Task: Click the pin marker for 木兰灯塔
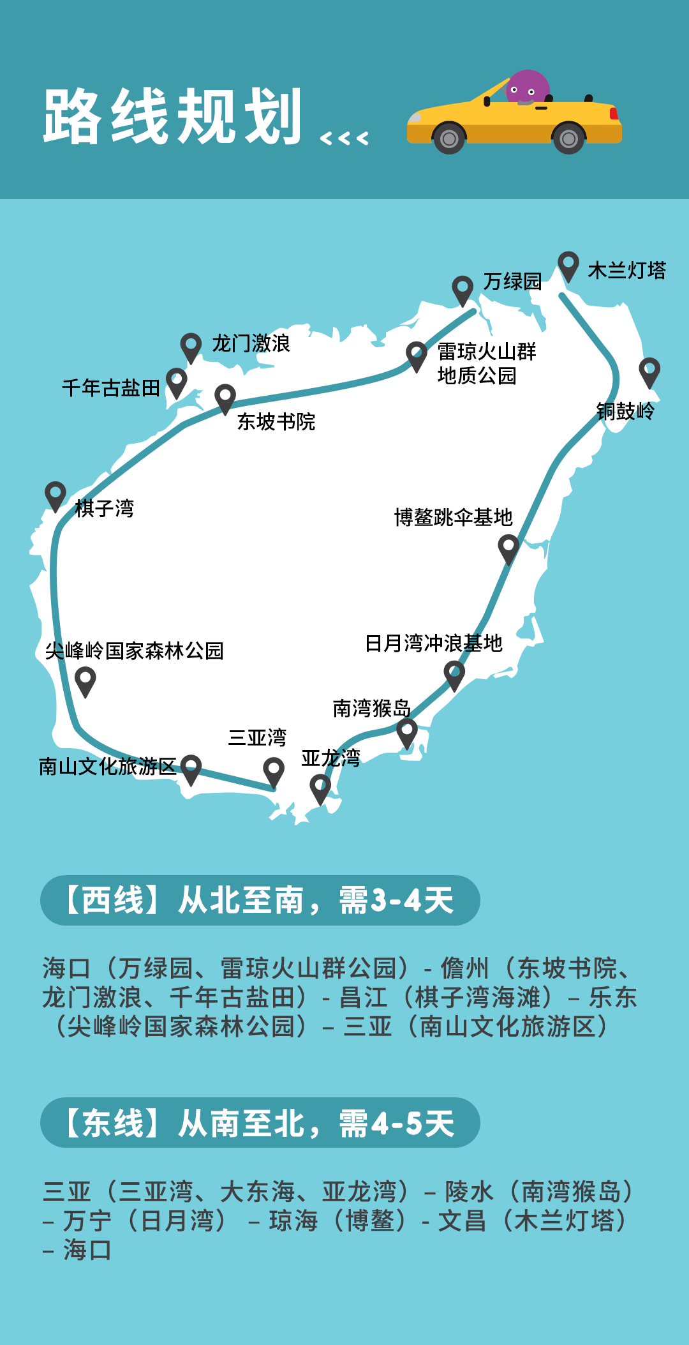pyautogui.click(x=568, y=264)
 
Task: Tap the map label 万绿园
pyautogui.click(x=512, y=281)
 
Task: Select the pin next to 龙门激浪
pyautogui.click(x=191, y=347)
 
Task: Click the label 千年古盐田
pyautogui.click(x=111, y=387)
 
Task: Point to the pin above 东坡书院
pyautogui.click(x=225, y=398)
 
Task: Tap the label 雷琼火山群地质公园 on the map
pyautogui.click(x=486, y=363)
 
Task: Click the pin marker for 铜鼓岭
pyautogui.click(x=649, y=371)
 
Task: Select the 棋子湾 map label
pyautogui.click(x=105, y=508)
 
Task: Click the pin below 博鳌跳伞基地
pyautogui.click(x=508, y=548)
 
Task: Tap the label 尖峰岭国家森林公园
pyautogui.click(x=134, y=650)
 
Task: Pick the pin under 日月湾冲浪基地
pyautogui.click(x=454, y=674)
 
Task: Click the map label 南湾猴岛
pyautogui.click(x=371, y=708)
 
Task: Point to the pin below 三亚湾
pyautogui.click(x=274, y=771)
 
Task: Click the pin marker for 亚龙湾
pyautogui.click(x=320, y=788)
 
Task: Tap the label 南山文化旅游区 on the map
pyautogui.click(x=107, y=766)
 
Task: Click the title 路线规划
pyautogui.click(x=172, y=117)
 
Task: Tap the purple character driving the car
pyautogui.click(x=527, y=87)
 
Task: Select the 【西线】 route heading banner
pyautogui.click(x=260, y=900)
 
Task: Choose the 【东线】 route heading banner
pyautogui.click(x=260, y=1123)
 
